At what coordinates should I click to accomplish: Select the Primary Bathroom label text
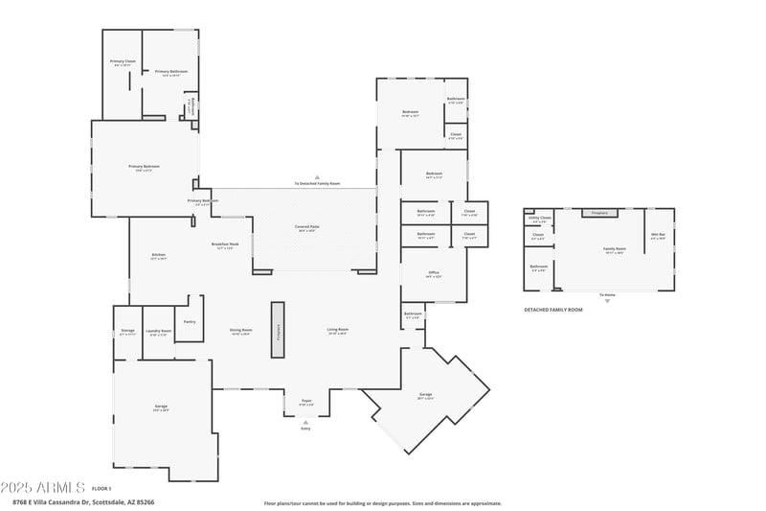click(x=170, y=71)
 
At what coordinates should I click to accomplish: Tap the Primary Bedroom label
click(x=144, y=166)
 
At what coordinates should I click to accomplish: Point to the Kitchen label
click(x=159, y=255)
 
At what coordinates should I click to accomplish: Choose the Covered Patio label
click(x=307, y=227)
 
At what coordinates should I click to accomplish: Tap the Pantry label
click(x=190, y=321)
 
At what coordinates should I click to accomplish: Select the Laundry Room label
click(x=159, y=332)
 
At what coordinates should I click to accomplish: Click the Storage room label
click(x=127, y=331)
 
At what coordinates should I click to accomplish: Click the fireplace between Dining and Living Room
click(x=278, y=330)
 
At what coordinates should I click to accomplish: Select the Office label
click(x=433, y=273)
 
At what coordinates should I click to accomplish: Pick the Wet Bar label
click(x=658, y=235)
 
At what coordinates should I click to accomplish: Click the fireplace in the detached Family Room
click(x=600, y=213)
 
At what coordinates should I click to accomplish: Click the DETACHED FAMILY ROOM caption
click(x=552, y=310)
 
